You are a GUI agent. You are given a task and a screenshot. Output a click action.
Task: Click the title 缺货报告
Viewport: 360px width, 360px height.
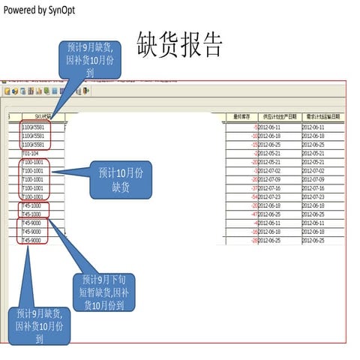180,46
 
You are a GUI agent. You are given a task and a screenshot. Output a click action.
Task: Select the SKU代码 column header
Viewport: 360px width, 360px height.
40,117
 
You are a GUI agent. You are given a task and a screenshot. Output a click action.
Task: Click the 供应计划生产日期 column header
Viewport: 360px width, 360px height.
279,117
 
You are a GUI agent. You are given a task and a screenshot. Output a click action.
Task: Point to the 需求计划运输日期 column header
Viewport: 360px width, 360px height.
323,117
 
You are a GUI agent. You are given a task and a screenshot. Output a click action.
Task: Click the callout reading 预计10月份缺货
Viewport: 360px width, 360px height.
121,179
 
